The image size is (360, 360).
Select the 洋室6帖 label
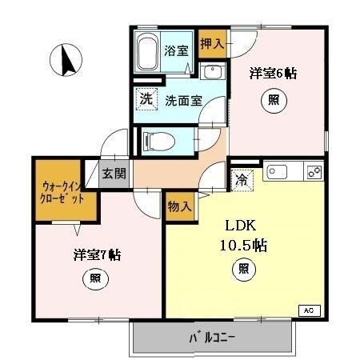(274, 74)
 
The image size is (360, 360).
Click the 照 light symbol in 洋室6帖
(274, 101)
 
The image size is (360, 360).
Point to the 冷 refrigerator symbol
(241, 181)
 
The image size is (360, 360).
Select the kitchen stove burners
(314, 171)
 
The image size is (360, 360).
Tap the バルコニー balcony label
(212, 338)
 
